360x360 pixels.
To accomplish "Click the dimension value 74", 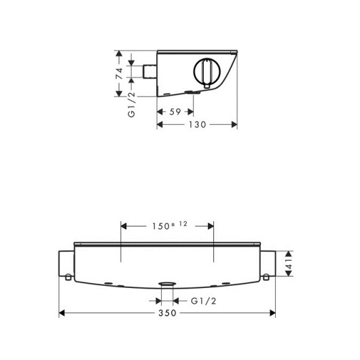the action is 119,73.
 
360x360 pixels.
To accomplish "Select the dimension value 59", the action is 175,112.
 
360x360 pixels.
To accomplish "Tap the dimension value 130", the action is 198,125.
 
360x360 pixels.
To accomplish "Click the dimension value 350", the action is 167,313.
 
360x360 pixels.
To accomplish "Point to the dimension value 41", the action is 289,264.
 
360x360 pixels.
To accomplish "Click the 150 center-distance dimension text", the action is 161,226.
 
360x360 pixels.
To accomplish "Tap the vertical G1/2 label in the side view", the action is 132,105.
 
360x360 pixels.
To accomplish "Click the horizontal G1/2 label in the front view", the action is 203,301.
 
